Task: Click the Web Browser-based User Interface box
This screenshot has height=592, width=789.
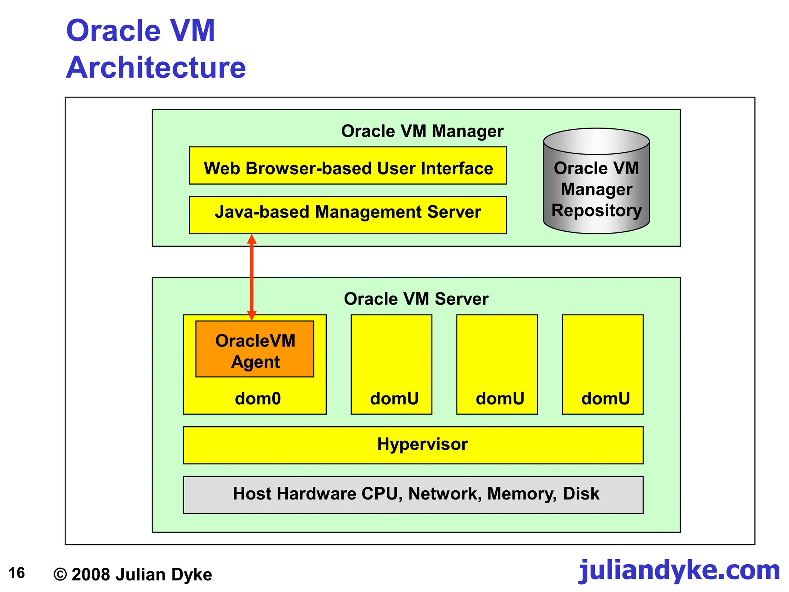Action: [x=347, y=166]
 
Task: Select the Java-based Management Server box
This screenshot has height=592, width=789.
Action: [x=347, y=215]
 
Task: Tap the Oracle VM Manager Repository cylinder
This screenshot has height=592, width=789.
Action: [x=596, y=181]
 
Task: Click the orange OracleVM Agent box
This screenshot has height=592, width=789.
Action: [x=255, y=349]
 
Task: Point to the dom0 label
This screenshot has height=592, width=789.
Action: [x=258, y=399]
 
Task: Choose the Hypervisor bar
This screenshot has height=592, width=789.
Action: [x=413, y=445]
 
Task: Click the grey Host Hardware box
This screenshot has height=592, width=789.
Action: [x=413, y=494]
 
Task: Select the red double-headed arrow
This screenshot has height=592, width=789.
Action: [x=252, y=277]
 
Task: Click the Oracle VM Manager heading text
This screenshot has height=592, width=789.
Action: [x=422, y=131]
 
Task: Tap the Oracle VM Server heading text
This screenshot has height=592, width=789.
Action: [x=416, y=299]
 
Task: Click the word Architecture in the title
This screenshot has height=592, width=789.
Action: [x=156, y=67]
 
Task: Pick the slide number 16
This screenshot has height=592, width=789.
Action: [x=17, y=573]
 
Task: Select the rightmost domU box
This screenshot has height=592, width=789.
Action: [x=603, y=364]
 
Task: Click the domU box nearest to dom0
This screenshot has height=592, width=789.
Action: [x=391, y=364]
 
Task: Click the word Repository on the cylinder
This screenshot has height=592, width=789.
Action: [x=596, y=210]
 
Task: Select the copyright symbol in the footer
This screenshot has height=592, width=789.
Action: [x=60, y=575]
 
